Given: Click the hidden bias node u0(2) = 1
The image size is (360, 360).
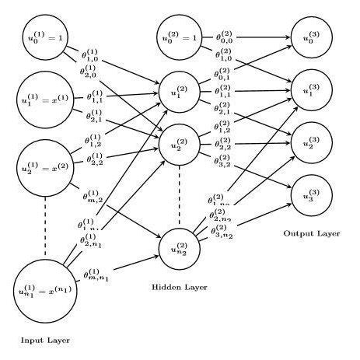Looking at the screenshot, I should tap(181, 37).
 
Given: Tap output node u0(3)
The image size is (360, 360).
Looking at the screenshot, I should tap(311, 37).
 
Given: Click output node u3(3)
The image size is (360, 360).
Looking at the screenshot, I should tap(311, 192).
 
